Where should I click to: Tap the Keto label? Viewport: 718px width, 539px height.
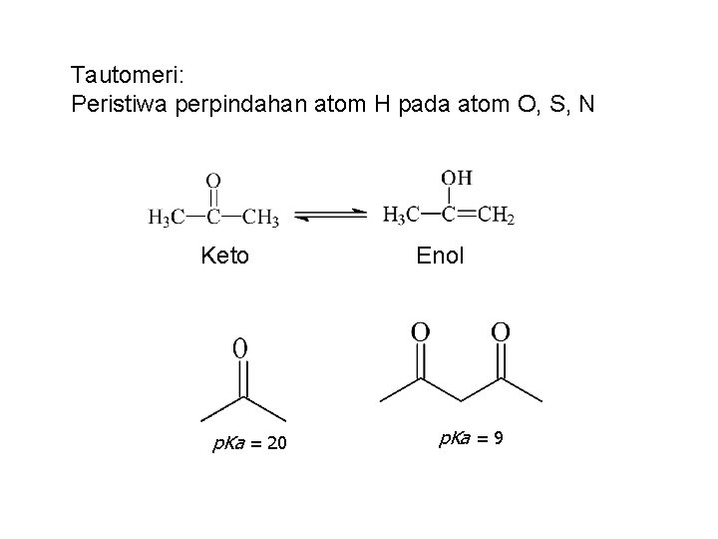pyautogui.click(x=224, y=257)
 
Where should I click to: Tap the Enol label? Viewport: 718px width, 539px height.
pyautogui.click(x=440, y=257)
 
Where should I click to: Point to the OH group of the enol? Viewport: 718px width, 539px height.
pyautogui.click(x=457, y=178)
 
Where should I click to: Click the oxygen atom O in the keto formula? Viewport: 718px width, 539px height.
pyautogui.click(x=212, y=181)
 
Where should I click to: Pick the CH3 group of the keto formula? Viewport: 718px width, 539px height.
pyautogui.click(x=261, y=216)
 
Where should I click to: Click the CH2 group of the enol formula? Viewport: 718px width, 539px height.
pyautogui.click(x=496, y=214)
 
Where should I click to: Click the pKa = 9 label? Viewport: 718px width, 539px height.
pyautogui.click(x=473, y=438)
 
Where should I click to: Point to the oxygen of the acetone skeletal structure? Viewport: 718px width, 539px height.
pyautogui.click(x=240, y=347)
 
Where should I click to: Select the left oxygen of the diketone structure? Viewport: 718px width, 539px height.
pyautogui.click(x=421, y=330)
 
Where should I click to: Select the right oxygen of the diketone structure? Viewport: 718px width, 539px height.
pyautogui.click(x=501, y=330)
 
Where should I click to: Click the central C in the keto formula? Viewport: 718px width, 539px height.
pyautogui.click(x=213, y=216)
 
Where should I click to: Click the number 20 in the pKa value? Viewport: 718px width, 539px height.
pyautogui.click(x=277, y=443)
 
